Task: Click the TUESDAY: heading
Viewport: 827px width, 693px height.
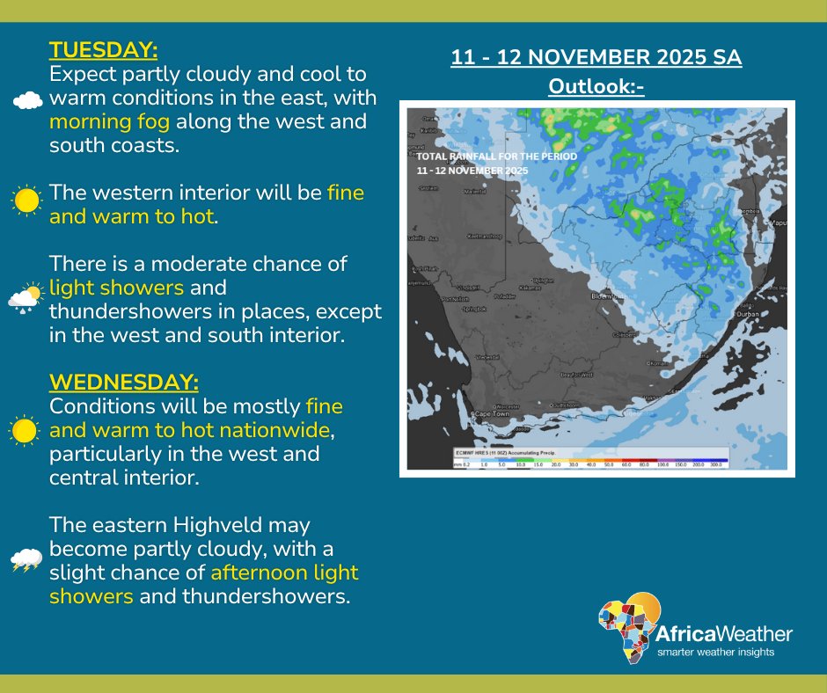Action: (103, 47)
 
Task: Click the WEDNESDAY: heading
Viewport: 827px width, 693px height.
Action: (124, 383)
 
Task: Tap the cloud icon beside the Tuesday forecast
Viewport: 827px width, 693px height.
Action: (27, 100)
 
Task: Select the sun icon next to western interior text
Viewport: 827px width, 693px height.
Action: (26, 201)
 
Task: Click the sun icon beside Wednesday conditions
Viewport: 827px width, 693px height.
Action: (24, 431)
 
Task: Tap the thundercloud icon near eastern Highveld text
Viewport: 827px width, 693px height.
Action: (26, 560)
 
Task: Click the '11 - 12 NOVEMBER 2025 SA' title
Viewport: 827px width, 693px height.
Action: (596, 58)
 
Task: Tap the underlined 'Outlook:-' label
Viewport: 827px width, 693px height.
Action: (596, 86)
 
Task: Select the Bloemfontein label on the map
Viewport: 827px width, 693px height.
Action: (612, 295)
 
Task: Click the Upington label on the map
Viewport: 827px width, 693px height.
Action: (545, 280)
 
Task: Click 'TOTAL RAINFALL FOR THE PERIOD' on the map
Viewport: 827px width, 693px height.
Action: (497, 156)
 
